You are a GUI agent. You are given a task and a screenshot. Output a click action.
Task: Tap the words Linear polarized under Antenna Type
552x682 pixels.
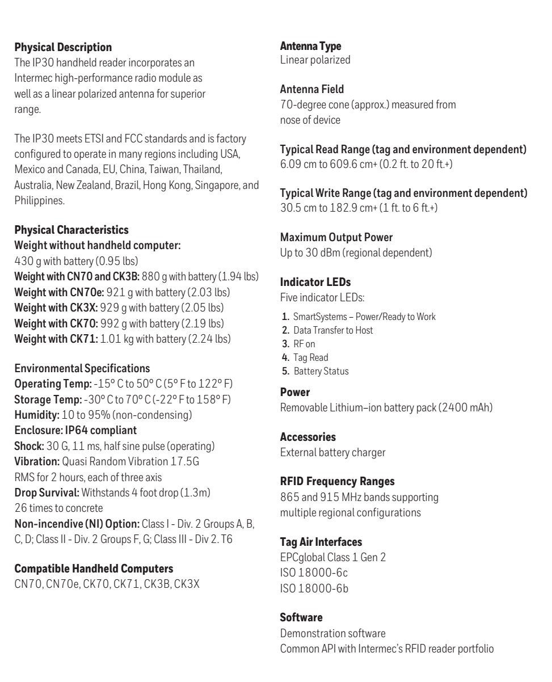coord(315,60)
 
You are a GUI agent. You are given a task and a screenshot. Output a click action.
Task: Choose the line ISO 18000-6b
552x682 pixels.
coord(315,588)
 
